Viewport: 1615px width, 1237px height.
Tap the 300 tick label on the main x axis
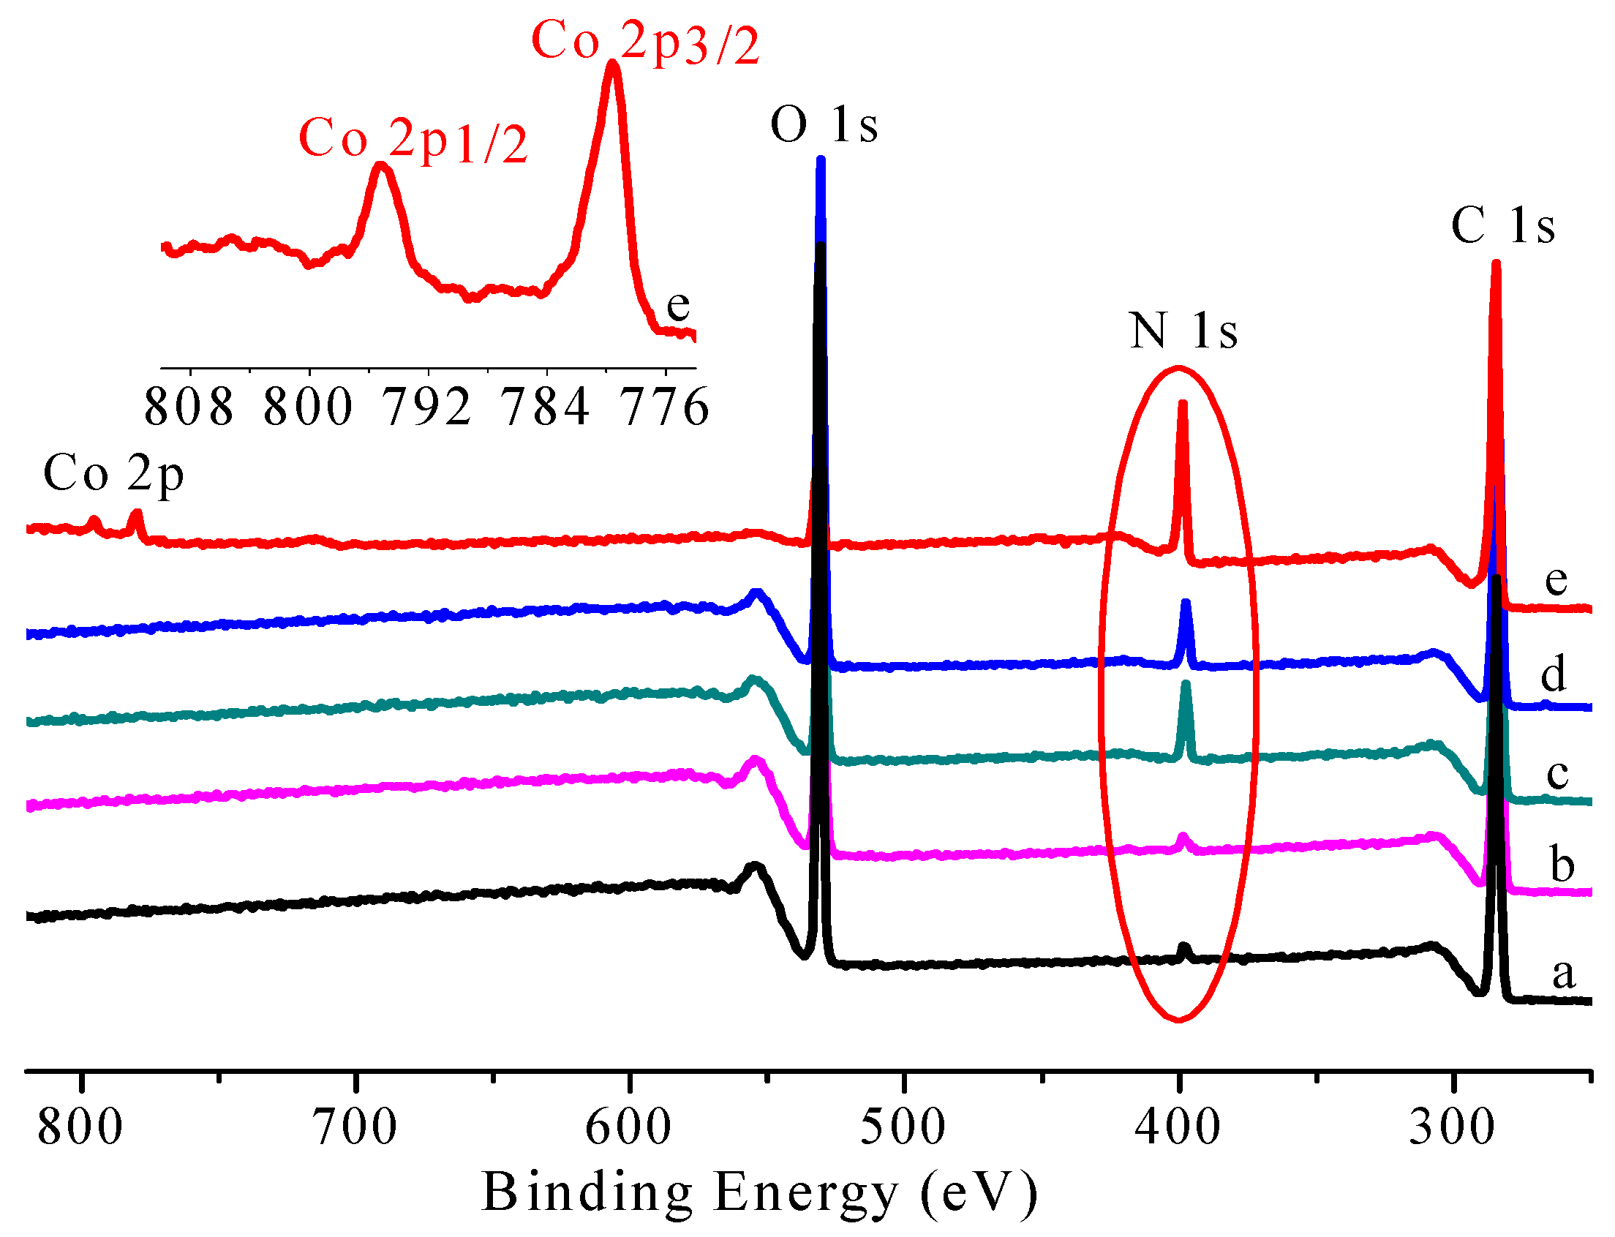click(1452, 1127)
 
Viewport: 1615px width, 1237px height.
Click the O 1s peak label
click(824, 124)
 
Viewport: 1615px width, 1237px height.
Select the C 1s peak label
click(1503, 225)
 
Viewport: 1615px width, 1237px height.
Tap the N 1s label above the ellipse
click(1183, 331)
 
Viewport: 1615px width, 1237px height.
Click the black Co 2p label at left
click(113, 473)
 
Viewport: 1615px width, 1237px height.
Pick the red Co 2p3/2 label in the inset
click(645, 42)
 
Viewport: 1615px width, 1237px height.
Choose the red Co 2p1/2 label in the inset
click(413, 140)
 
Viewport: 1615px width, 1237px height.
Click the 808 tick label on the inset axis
click(189, 407)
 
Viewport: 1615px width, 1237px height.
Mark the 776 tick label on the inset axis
click(665, 407)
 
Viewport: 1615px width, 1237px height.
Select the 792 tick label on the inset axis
click(427, 407)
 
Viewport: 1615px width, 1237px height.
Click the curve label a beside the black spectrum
click(1564, 974)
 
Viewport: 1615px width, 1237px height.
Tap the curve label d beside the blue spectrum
click(1553, 674)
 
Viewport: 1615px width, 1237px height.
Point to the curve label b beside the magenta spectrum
click(1562, 864)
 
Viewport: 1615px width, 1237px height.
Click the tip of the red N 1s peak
click(1182, 404)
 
